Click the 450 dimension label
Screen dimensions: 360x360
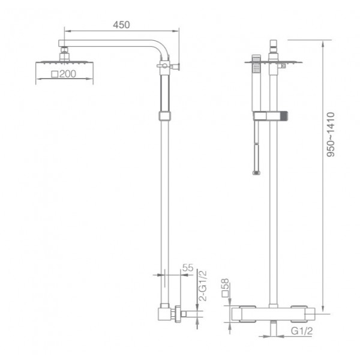click(121, 25)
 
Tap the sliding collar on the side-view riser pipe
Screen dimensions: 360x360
click(164, 115)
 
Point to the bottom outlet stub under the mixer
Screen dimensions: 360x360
click(274, 328)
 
